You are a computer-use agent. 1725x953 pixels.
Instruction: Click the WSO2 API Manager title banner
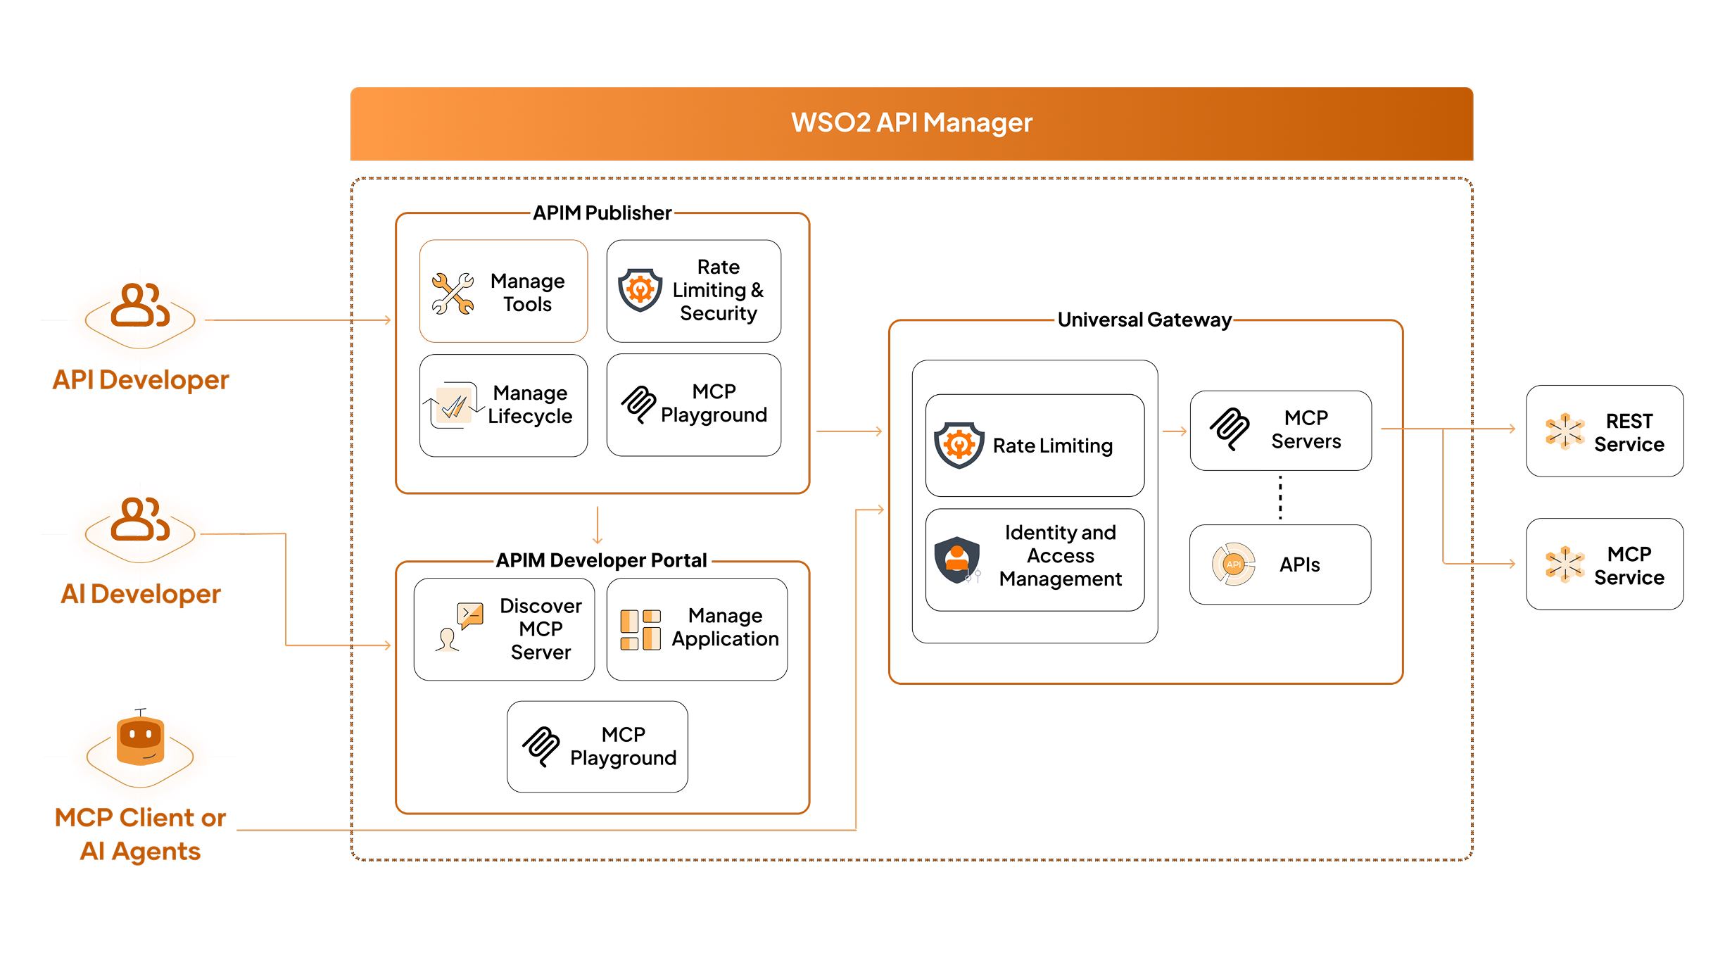(911, 123)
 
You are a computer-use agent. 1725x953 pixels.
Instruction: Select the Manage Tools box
(503, 291)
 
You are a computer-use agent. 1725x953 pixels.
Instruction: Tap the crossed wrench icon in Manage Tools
(453, 293)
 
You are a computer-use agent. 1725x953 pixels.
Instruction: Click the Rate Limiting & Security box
(693, 291)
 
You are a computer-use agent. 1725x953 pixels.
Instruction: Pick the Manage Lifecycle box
(503, 405)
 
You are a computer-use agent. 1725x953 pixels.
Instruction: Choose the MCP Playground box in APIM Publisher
(693, 405)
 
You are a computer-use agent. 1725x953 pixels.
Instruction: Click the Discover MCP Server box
(504, 629)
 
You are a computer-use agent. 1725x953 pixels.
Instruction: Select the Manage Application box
(697, 629)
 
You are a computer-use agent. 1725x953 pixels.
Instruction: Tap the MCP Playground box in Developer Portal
(597, 746)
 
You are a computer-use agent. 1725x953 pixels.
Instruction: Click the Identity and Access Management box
(1035, 560)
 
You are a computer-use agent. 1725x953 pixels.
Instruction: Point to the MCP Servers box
(1280, 430)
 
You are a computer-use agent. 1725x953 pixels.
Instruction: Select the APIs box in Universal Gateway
(1279, 564)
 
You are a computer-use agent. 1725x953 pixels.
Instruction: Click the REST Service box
(1604, 431)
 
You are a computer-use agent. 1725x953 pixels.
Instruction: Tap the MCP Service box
(1604, 564)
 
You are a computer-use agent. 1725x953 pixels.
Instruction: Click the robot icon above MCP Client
(140, 740)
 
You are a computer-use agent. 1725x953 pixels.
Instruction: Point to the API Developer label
(141, 380)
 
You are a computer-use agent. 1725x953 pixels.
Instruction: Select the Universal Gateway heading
(1144, 320)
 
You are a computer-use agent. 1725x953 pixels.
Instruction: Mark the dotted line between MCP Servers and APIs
(1280, 498)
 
